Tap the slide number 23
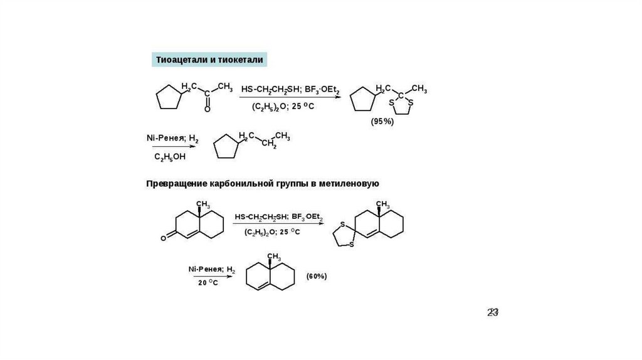493,312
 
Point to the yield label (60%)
317,276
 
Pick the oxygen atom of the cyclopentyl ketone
208,109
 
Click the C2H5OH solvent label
170,156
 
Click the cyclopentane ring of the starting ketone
169,98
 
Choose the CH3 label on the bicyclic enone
203,204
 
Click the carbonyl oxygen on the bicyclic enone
164,238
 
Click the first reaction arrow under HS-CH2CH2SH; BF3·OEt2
291,98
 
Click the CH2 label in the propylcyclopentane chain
269,145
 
